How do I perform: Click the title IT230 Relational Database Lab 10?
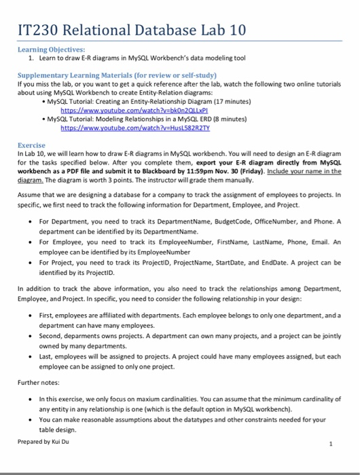point(128,28)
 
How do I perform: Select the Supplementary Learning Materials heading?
point(116,73)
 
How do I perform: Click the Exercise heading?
point(31,145)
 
